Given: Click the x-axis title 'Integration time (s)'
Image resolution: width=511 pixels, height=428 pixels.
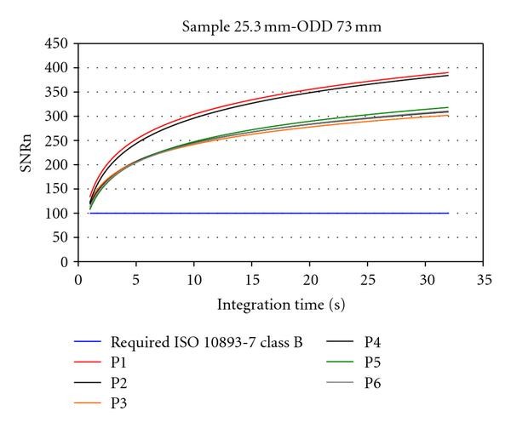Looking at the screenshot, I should point(280,304).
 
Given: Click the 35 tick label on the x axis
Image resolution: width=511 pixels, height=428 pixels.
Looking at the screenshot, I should point(484,278).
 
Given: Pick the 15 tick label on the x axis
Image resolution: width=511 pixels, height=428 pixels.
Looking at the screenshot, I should point(252,278).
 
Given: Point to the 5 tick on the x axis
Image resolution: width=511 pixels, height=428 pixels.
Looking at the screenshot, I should point(136,278).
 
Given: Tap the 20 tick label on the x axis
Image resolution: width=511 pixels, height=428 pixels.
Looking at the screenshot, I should point(310,278).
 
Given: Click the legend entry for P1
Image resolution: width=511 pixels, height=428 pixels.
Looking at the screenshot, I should point(118,362).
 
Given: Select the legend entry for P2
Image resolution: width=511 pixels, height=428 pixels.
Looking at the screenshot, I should point(118,381).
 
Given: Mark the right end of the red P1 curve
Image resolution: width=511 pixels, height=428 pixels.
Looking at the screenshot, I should point(449,72).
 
